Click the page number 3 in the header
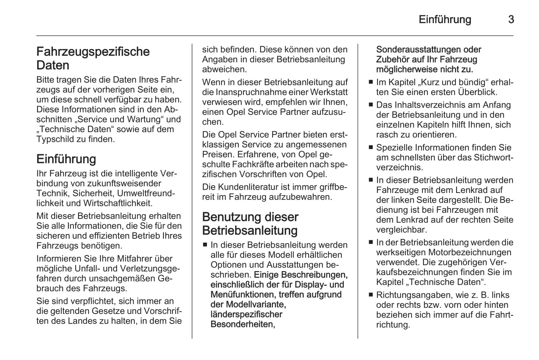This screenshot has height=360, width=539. click(511, 19)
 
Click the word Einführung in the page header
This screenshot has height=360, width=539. click(445, 19)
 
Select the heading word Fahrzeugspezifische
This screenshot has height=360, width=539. click(93, 52)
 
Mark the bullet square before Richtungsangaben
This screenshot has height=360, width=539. click(371, 295)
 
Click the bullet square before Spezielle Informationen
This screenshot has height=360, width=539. click(371, 148)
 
